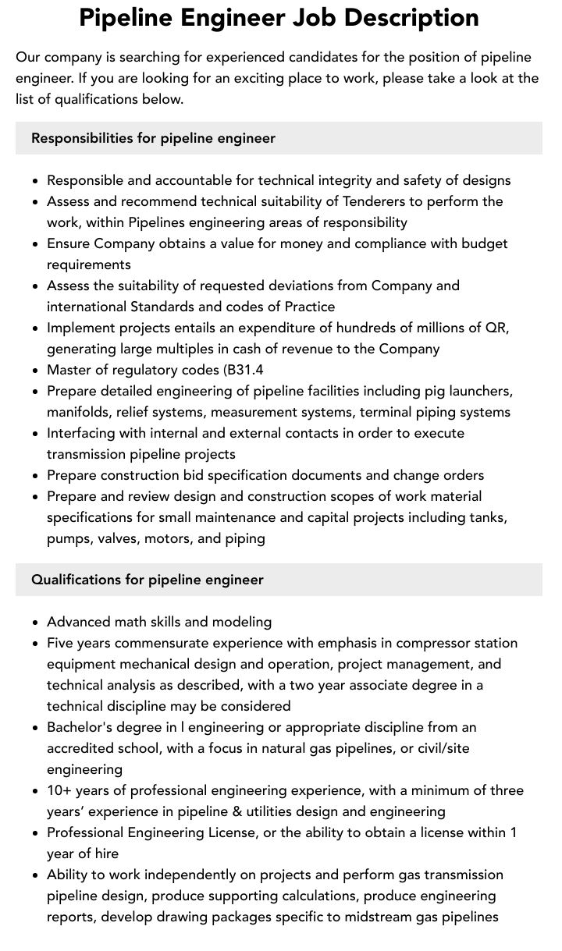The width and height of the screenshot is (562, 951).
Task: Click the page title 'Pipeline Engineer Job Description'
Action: click(x=279, y=18)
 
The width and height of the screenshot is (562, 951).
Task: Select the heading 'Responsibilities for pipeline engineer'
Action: click(x=153, y=138)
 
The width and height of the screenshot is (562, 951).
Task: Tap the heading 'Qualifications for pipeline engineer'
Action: click(x=148, y=580)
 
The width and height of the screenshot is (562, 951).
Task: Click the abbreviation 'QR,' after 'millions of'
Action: click(x=496, y=328)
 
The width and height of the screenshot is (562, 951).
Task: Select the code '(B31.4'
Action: click(x=248, y=370)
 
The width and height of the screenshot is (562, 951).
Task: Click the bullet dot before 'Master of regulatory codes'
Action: click(x=36, y=371)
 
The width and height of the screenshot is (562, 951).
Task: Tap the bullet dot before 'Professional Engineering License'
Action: click(x=36, y=833)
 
